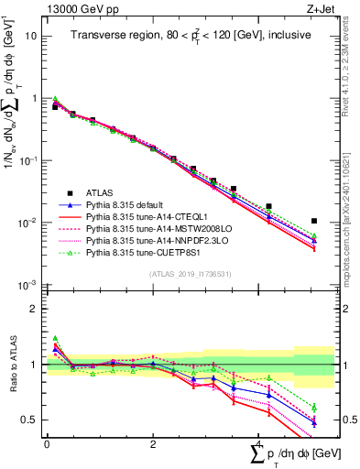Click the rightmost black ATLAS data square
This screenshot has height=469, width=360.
(x=314, y=221)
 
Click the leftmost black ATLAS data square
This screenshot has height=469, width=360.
(x=54, y=107)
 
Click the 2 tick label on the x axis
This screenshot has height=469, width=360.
(x=153, y=444)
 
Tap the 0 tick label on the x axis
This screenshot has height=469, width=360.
(x=47, y=444)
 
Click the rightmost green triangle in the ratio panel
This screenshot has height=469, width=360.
(x=314, y=407)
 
